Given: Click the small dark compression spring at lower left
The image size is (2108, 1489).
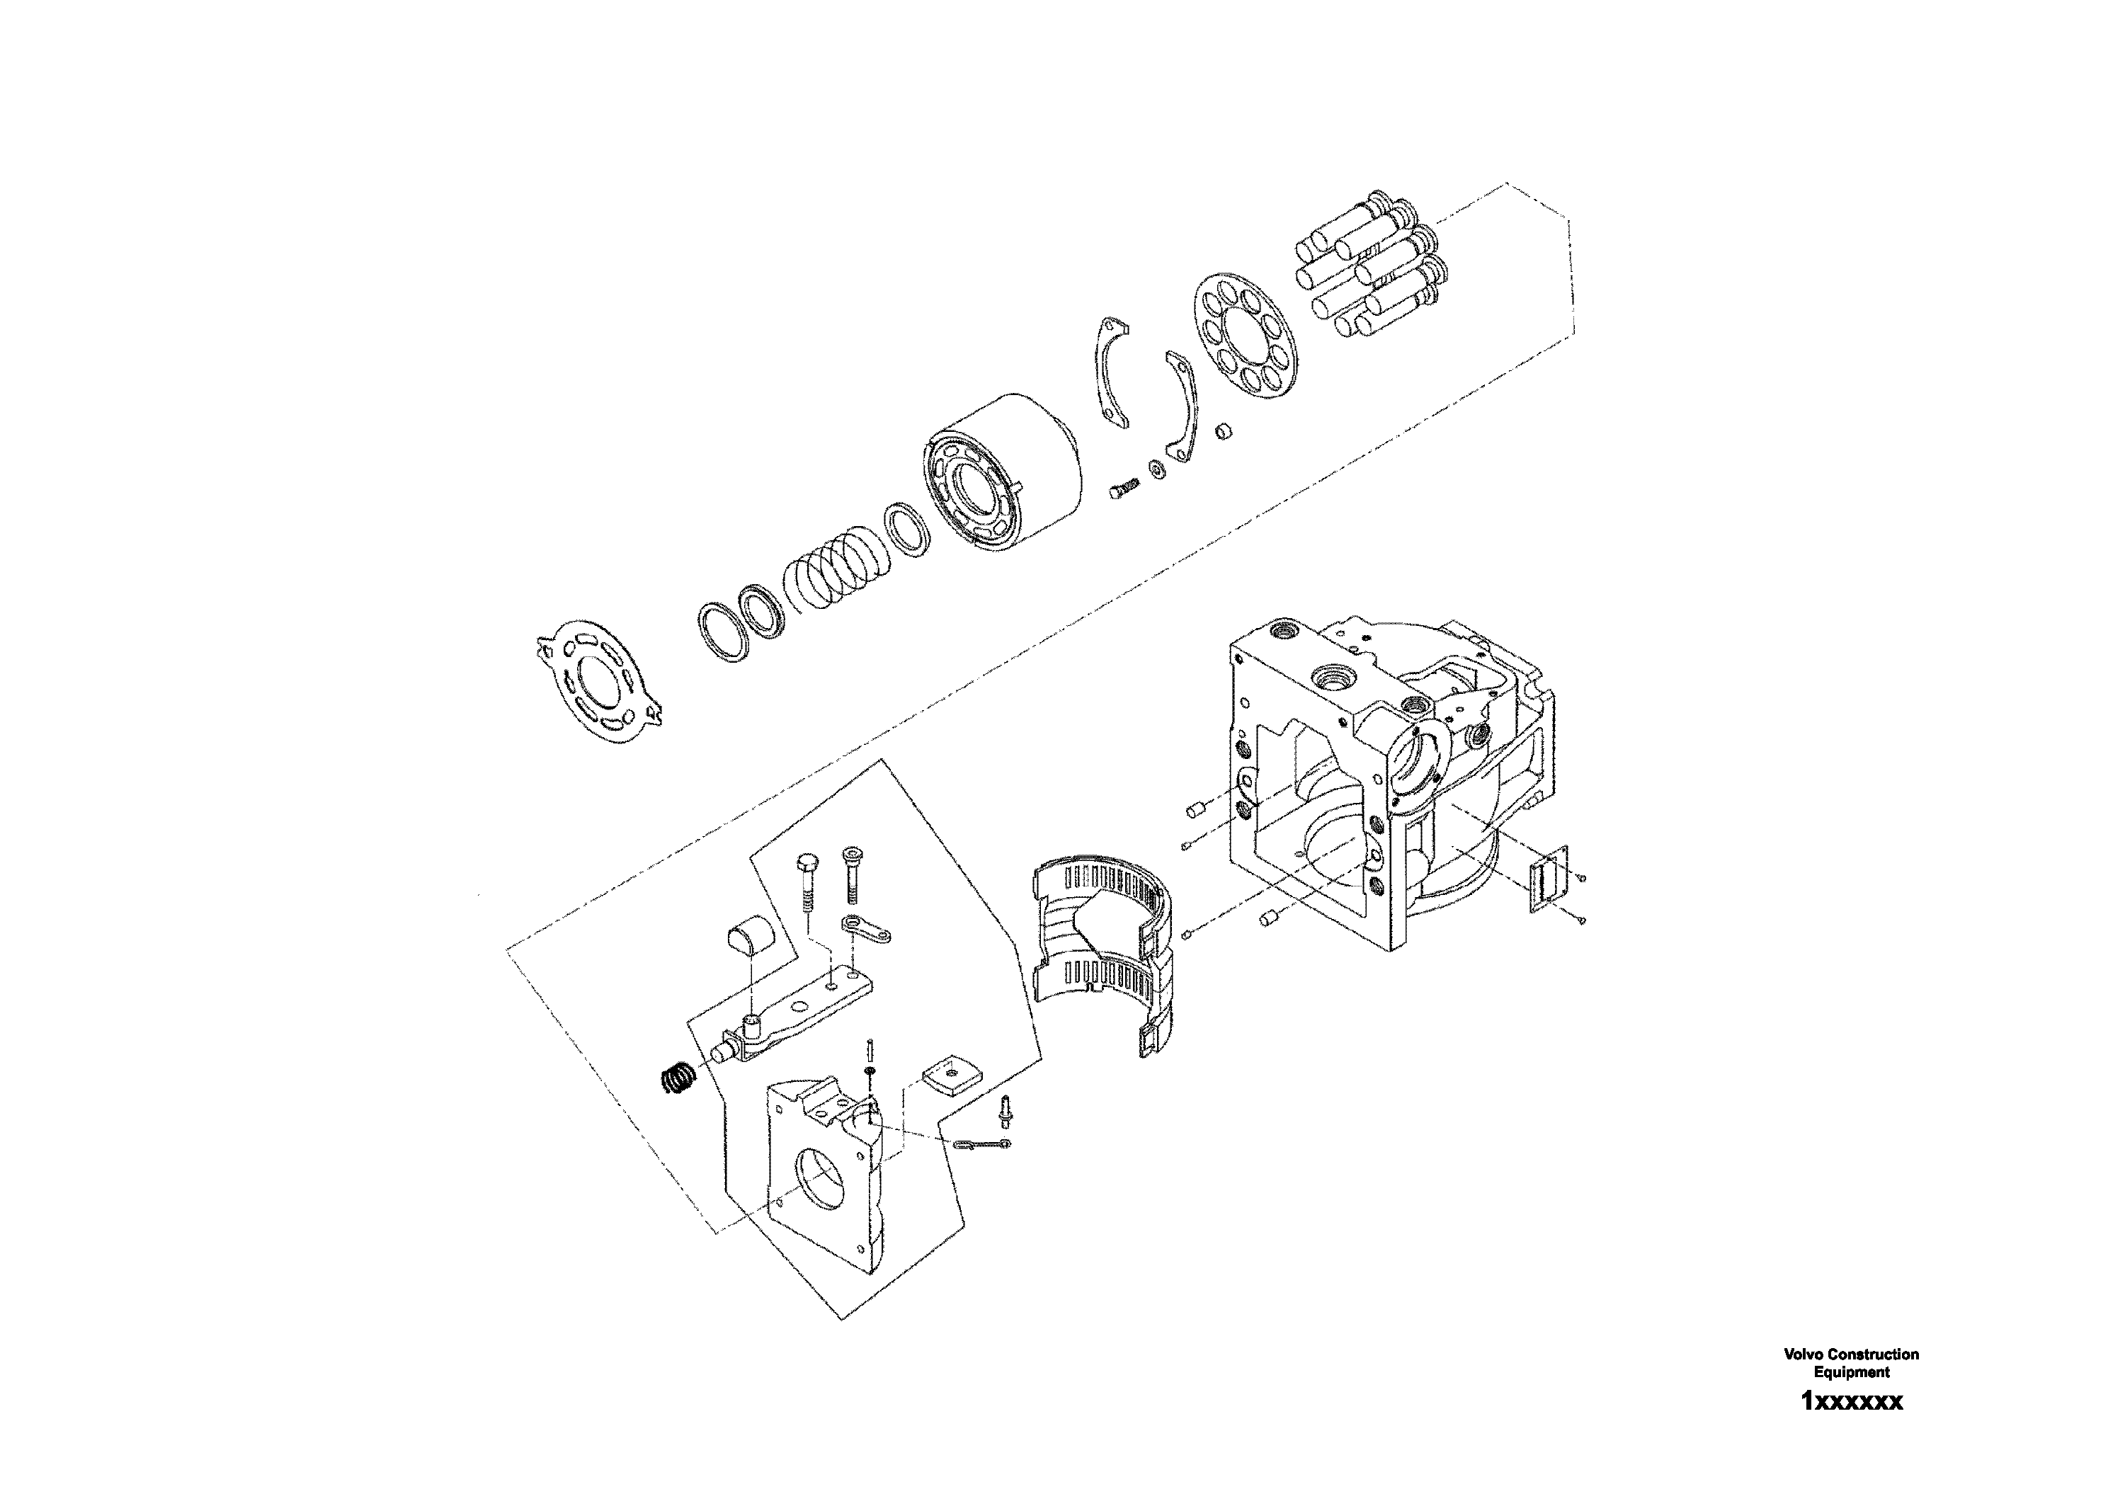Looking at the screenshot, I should pyautogui.click(x=679, y=1078).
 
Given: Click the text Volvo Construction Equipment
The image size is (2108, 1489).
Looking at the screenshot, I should pyautogui.click(x=1851, y=1362).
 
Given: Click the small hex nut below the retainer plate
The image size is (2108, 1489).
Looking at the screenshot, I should pyautogui.click(x=1222, y=430).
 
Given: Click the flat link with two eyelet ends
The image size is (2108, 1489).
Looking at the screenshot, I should pyautogui.click(x=867, y=929).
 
